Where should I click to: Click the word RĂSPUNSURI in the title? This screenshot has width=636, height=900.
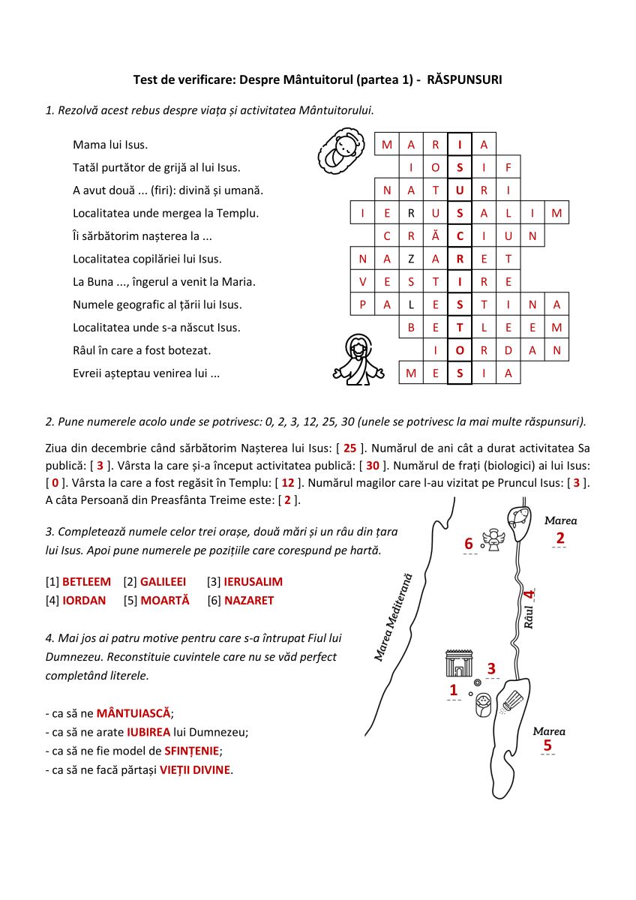[x=464, y=79]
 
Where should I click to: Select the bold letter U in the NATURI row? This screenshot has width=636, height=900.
[x=460, y=190]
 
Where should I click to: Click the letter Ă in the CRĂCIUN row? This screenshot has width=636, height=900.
[x=436, y=236]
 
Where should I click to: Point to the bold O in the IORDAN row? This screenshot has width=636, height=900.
[x=460, y=350]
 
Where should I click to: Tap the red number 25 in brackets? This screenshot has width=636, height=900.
[x=349, y=448]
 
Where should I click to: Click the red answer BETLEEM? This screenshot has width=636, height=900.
[x=86, y=581]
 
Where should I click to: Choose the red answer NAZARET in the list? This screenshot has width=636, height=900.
[x=249, y=600]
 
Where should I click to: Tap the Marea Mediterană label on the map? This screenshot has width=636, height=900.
[x=394, y=618]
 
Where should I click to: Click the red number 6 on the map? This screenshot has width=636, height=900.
[x=469, y=544]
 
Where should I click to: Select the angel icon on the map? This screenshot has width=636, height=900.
[x=493, y=540]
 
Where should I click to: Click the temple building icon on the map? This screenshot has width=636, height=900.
[x=458, y=663]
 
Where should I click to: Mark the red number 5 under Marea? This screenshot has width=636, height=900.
[x=547, y=745]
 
